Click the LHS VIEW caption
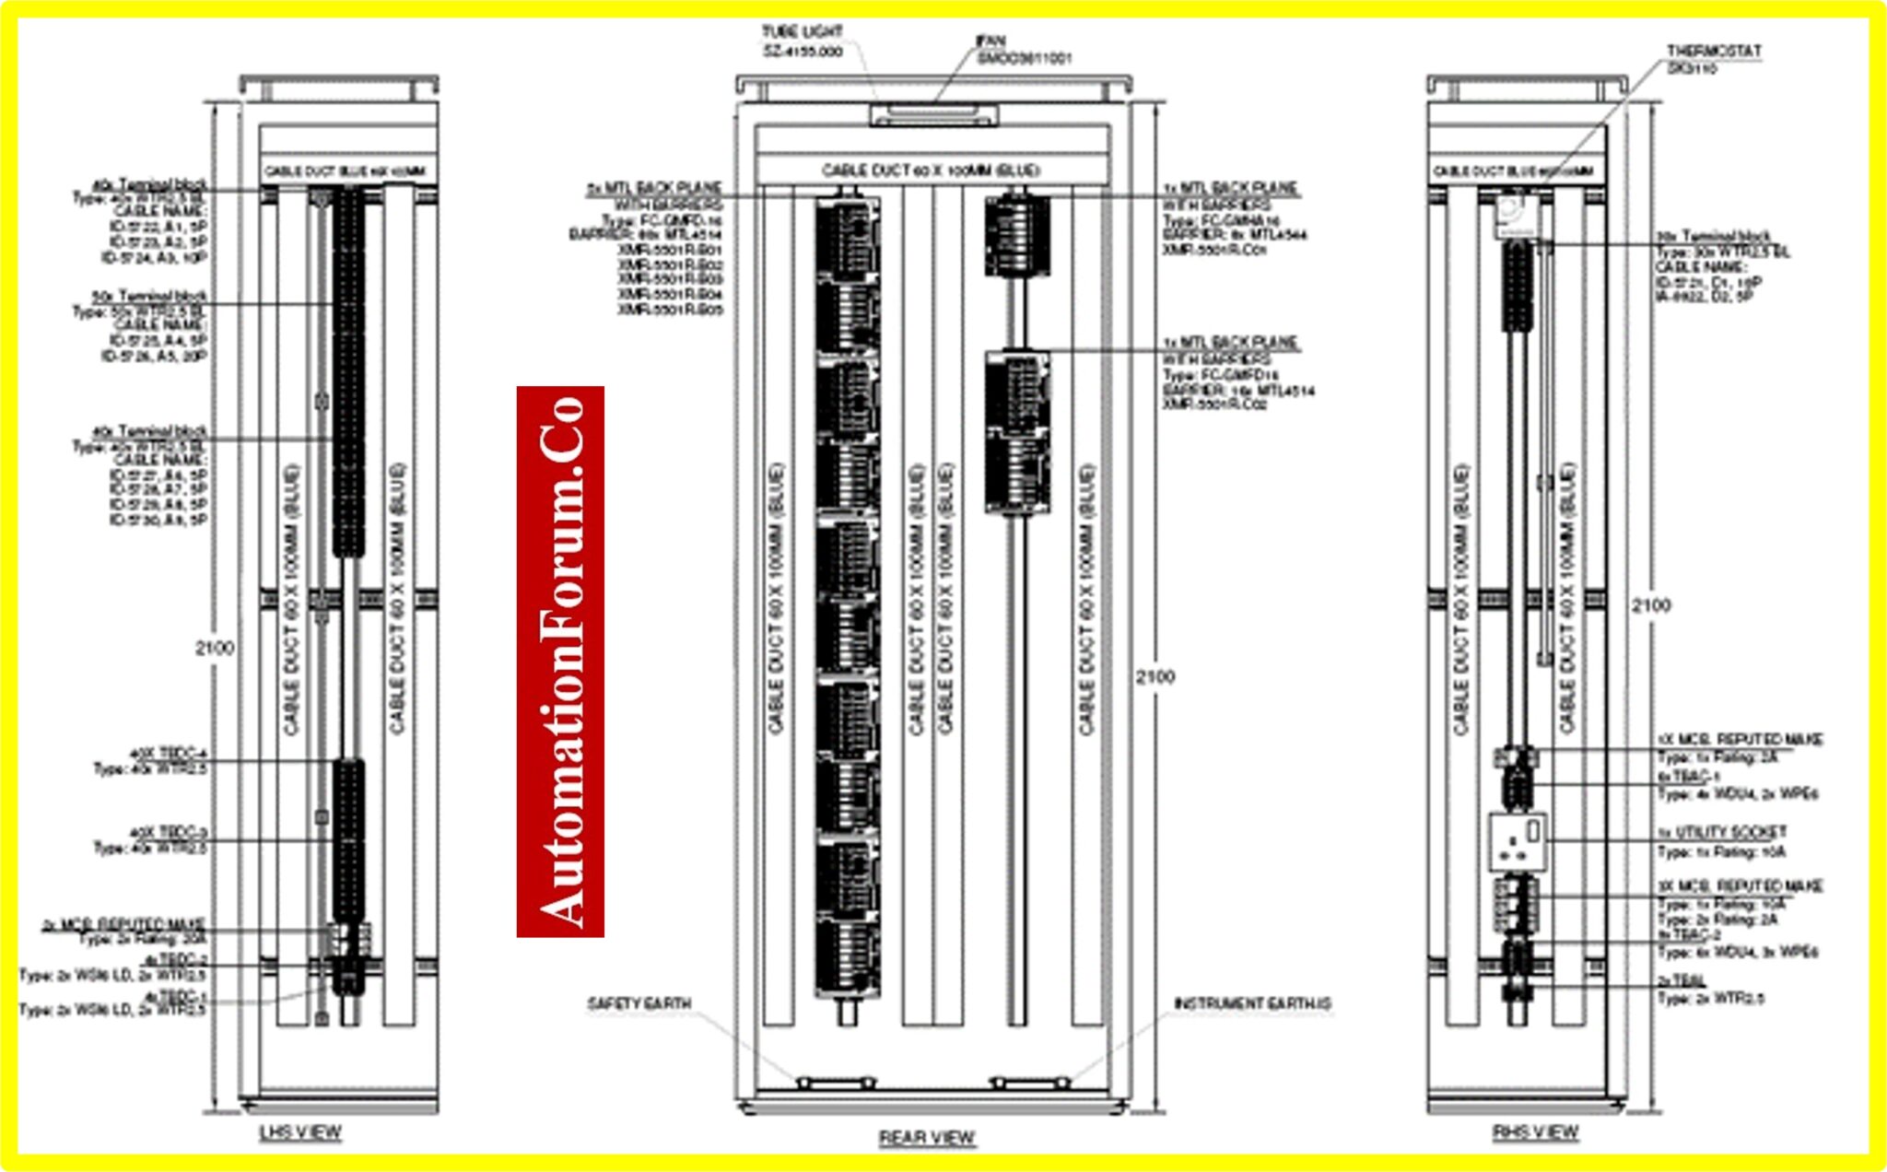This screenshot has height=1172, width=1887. click(x=300, y=1132)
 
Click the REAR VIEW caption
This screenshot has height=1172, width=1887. click(x=926, y=1138)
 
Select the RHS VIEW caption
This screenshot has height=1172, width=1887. click(x=1535, y=1132)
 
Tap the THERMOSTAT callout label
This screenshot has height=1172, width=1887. click(x=1713, y=52)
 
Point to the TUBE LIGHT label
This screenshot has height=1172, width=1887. click(x=802, y=32)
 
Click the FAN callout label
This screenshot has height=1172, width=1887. click(x=990, y=41)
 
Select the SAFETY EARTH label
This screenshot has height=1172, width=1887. click(x=639, y=1003)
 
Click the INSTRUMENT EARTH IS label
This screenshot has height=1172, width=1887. click(x=1252, y=1003)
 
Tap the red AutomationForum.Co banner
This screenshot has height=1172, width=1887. click(x=560, y=661)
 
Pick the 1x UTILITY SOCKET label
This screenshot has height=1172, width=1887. click(x=1721, y=832)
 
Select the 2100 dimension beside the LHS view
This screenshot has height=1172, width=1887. click(x=215, y=648)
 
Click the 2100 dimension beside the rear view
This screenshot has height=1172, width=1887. click(x=1154, y=677)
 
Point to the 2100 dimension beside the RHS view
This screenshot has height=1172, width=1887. click(x=1650, y=605)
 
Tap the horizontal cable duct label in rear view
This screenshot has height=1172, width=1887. click(x=931, y=170)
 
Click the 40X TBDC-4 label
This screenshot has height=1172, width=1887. click(x=168, y=754)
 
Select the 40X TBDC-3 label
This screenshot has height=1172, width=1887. click(x=168, y=833)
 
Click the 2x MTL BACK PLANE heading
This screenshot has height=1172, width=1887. click(x=654, y=187)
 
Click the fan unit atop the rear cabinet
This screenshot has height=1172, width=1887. click(x=932, y=114)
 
